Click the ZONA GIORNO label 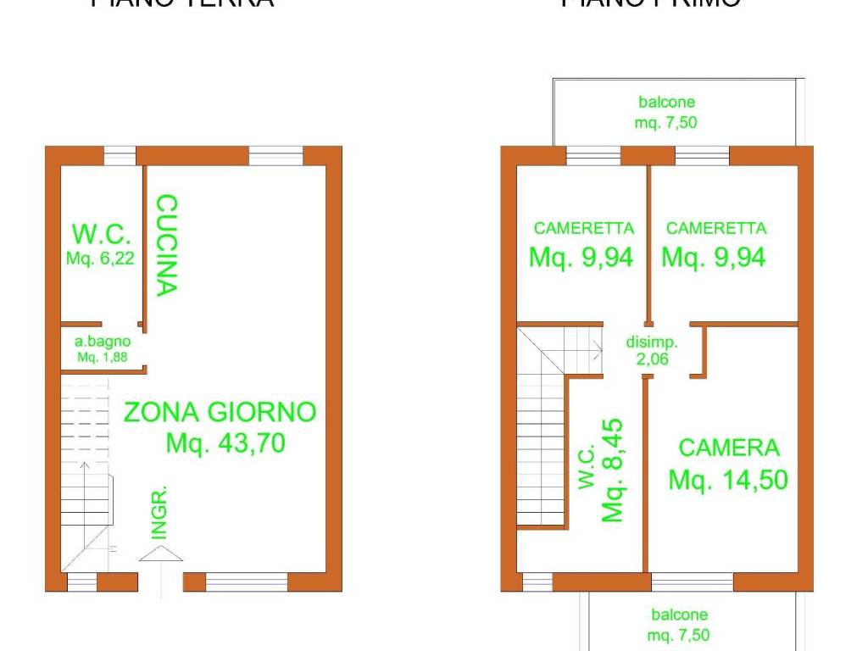[220, 413]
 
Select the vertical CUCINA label [166, 245]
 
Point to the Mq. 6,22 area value [100, 258]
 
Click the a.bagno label [103, 342]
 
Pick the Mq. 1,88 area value [103, 357]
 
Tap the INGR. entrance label [159, 513]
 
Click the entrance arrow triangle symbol [160, 554]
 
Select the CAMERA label [728, 448]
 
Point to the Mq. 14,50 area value [728, 480]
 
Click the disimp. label [652, 342]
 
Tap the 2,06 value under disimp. [652, 359]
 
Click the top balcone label [666, 103]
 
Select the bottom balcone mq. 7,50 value [681, 634]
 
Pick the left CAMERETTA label [583, 228]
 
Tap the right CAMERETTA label [716, 228]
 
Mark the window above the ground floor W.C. [120, 156]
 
